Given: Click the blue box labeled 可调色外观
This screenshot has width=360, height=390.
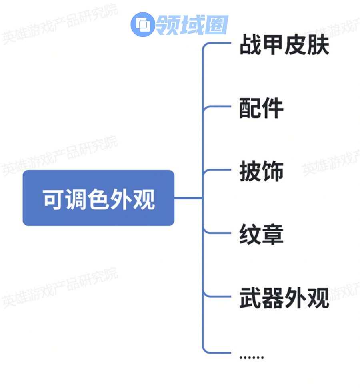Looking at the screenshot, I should (x=98, y=198).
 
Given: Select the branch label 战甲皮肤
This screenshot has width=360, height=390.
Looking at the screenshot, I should (x=284, y=45).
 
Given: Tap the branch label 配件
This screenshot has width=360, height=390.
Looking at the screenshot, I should (x=261, y=108).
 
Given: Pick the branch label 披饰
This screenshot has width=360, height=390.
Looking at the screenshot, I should (x=261, y=171).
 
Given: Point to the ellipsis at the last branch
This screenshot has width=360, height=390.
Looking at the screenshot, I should (x=251, y=356).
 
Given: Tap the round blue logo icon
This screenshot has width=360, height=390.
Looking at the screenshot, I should (x=142, y=25).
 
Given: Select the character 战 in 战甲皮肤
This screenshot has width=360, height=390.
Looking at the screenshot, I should (x=250, y=45).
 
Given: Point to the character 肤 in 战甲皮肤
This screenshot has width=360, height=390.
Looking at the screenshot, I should (x=318, y=45).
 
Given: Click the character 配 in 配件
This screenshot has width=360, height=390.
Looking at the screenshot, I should (x=250, y=108).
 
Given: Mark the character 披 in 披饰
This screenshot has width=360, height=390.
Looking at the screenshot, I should (x=250, y=171).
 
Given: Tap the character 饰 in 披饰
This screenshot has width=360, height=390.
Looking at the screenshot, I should (x=273, y=171).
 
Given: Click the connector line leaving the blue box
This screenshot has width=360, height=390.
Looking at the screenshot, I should (x=188, y=198).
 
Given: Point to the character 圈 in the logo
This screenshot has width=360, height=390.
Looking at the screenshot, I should (x=216, y=25).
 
